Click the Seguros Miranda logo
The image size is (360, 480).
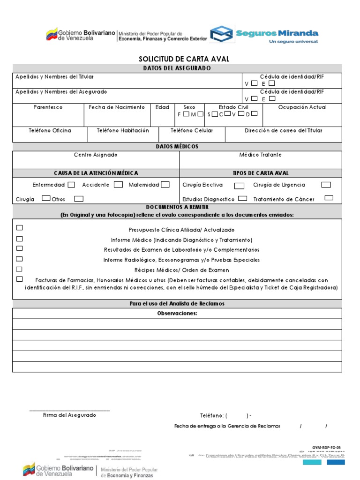264,34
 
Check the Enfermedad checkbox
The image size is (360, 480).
71,185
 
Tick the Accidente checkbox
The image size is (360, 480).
118,185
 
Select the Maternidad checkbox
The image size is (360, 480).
165,185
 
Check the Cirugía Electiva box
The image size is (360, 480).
239,186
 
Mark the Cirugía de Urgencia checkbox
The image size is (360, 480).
326,185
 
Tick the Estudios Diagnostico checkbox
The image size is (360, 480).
242,198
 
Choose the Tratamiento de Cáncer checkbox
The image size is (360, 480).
329,198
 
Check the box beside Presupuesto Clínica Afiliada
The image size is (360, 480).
20,228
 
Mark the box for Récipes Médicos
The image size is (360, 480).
20,269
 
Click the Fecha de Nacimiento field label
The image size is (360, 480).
117,107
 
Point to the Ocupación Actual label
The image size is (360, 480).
302,107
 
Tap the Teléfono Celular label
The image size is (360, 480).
191,130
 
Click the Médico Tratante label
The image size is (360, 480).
260,155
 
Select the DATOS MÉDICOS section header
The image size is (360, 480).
177,146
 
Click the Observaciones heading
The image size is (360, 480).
177,313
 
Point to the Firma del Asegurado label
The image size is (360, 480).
69,415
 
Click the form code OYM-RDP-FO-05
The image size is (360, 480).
327,448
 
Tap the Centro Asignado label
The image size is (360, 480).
96,155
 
